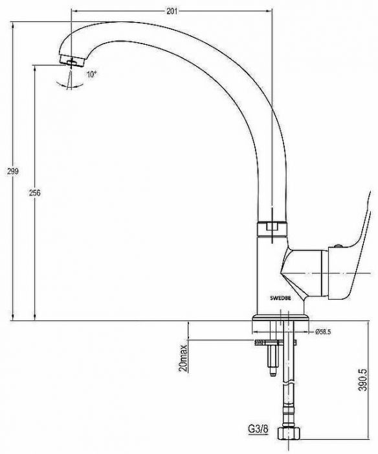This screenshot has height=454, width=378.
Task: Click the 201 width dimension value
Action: pyautogui.click(x=172, y=11)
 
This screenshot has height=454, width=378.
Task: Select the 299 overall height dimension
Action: pyautogui.click(x=13, y=171)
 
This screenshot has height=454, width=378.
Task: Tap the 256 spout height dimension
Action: pyautogui.click(x=35, y=193)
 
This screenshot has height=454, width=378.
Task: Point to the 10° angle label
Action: pyautogui.click(x=92, y=74)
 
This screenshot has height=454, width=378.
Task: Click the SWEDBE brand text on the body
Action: pyautogui.click(x=280, y=298)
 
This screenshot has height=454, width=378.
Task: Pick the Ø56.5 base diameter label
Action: pyautogui.click(x=323, y=332)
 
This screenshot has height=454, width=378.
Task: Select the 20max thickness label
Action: pyautogui.click(x=183, y=358)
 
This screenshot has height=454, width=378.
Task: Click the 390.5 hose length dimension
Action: pyautogui.click(x=362, y=379)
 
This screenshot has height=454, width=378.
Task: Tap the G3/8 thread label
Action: pyautogui.click(x=258, y=429)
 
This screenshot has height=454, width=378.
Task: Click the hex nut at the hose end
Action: pyautogui.click(x=289, y=435)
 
